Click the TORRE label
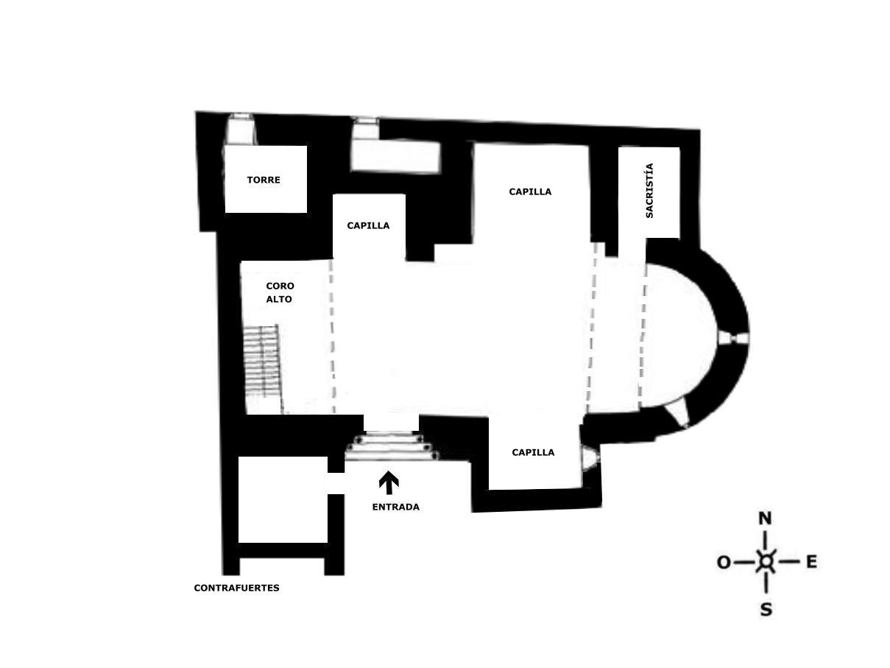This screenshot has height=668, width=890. coord(263,180)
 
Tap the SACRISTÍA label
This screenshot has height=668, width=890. coord(649,191)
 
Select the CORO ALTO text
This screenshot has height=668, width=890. coord(280,292)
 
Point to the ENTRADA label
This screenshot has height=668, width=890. coord(396,507)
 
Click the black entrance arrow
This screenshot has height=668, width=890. coord(389,482)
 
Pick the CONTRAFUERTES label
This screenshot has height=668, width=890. coord(236,588)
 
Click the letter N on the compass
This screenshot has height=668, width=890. coord(765,518)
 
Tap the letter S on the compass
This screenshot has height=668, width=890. coord(766,610)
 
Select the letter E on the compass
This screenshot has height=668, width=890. coord(811,562)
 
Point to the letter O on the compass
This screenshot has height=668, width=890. coord(724,563)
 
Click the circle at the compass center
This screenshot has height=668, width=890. coord(766,562)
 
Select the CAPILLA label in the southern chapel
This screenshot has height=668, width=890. coord(533,453)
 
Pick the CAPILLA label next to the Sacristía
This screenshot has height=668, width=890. coord(530,191)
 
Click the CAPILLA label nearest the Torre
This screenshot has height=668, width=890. coord(368,225)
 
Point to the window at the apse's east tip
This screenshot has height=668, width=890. coord(733,338)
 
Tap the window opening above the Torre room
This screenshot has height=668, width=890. coord(241,128)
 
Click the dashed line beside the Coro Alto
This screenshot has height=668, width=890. coord(332,336)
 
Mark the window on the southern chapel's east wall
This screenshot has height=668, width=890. coord(590,458)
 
